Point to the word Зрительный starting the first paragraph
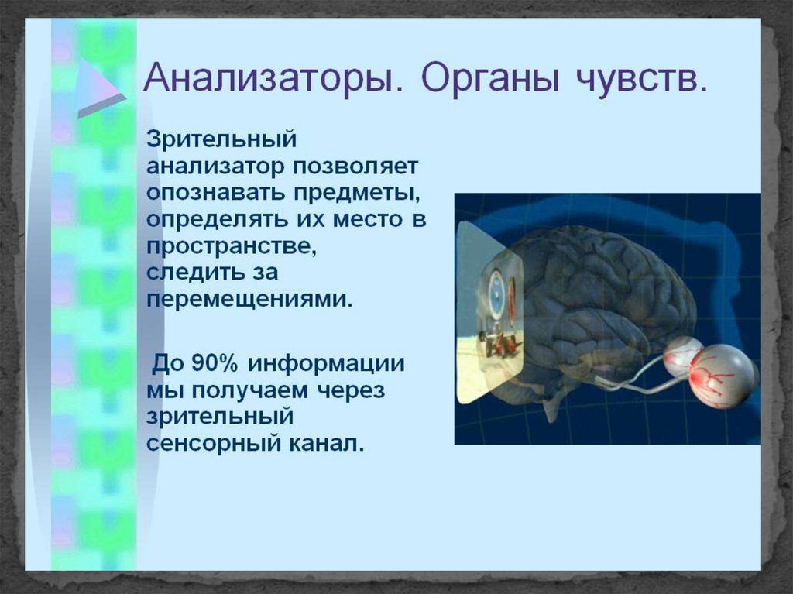click(221, 139)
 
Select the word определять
click(216, 220)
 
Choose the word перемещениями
click(249, 300)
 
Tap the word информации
click(327, 364)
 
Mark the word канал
click(326, 443)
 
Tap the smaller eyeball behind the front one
click(682, 356)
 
